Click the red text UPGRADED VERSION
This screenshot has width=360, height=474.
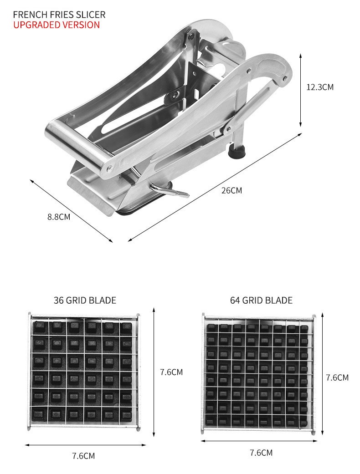click(57, 25)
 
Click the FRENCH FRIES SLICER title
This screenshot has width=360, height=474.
click(59, 15)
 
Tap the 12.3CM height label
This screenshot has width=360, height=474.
click(319, 87)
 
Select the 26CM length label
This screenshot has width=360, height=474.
click(231, 190)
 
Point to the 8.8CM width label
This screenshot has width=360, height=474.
click(59, 217)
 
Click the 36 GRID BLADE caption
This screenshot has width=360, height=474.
click(85, 300)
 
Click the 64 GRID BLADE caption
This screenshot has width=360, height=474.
click(261, 300)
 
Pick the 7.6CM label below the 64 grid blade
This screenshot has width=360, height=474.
click(261, 453)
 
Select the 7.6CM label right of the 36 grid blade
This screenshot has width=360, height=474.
click(171, 372)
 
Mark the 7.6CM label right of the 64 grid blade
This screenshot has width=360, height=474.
click(337, 377)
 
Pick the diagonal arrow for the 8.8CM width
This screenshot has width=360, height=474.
click(71, 211)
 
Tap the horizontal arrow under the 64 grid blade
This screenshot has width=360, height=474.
click(260, 441)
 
